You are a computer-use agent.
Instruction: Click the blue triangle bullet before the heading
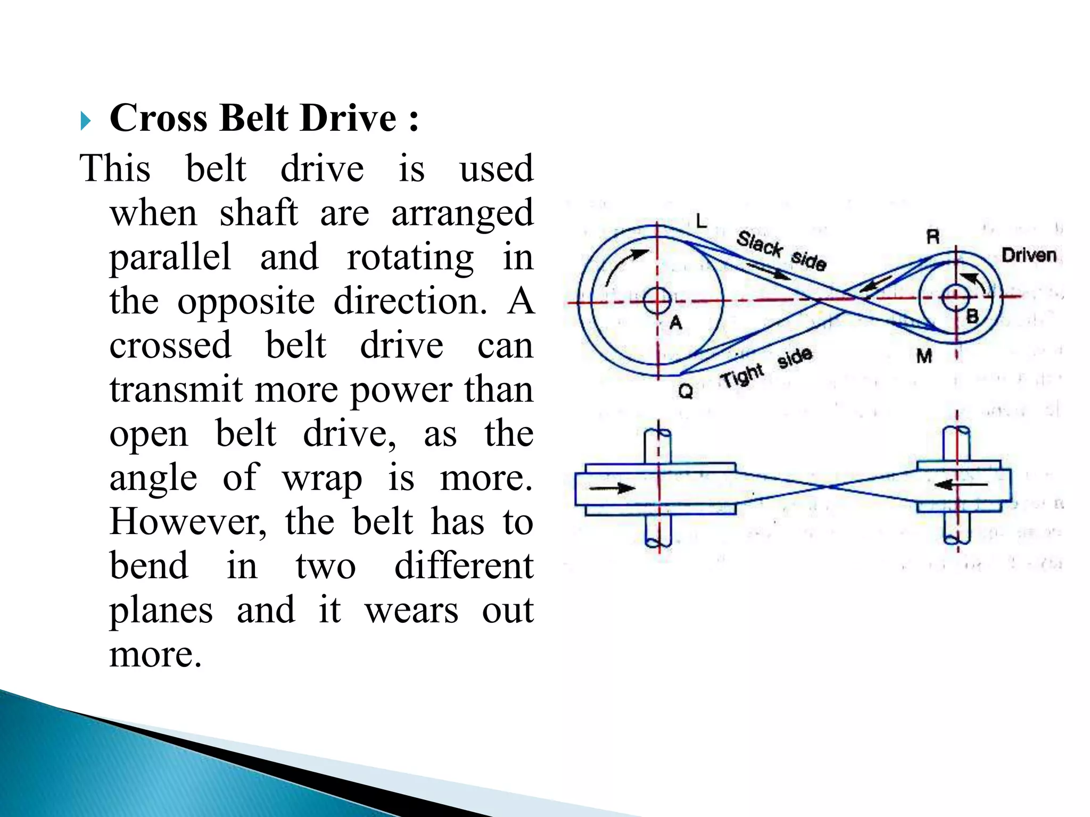coord(85,121)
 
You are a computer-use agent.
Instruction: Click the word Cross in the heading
coord(158,118)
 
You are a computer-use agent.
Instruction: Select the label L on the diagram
coord(701,221)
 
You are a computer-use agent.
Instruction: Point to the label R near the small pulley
coord(932,237)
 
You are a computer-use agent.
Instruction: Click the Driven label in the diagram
coord(1028,256)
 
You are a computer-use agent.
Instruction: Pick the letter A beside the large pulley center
coord(675,322)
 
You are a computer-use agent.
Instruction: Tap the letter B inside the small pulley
coord(972,316)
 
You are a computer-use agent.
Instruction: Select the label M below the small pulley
coord(924,356)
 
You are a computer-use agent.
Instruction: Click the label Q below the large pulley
coord(686,392)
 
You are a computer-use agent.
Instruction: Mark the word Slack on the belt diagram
coord(759,244)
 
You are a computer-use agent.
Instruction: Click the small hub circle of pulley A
coord(657,301)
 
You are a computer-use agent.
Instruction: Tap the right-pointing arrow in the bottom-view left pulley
coord(612,488)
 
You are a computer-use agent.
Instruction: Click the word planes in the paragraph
coord(161,610)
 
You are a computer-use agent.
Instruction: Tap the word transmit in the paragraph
coord(176,390)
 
